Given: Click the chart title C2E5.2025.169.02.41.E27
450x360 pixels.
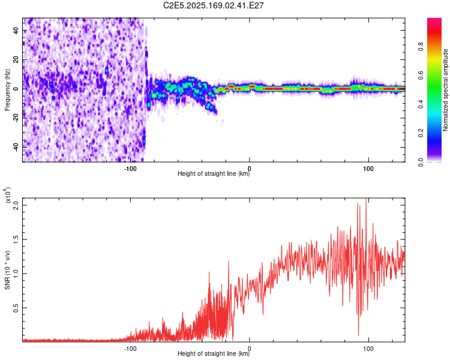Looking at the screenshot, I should (214, 5).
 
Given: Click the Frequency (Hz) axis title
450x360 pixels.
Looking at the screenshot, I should (7, 89).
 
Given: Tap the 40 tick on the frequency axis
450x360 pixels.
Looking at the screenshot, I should (16, 31).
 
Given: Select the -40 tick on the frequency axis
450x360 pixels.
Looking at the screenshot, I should (15, 147).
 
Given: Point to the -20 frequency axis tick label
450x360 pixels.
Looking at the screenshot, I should (15, 118).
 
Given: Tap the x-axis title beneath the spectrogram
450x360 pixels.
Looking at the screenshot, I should (214, 174).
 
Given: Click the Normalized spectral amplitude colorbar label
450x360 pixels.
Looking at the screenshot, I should (445, 90).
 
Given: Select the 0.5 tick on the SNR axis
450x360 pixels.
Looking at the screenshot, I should (16, 308).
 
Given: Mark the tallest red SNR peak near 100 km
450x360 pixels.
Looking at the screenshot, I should (366, 200).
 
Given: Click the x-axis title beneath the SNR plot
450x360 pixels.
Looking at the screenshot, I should (214, 354).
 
